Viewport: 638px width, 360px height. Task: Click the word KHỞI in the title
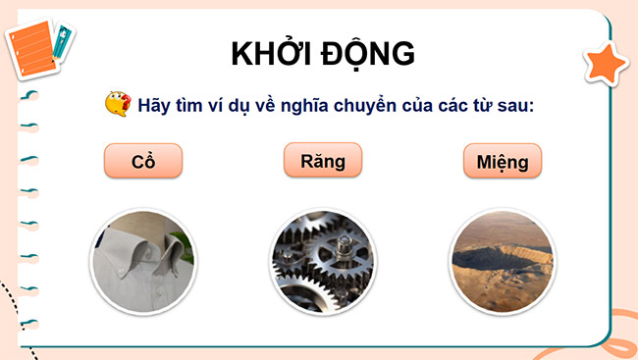(273, 54)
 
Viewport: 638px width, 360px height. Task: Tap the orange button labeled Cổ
(143, 162)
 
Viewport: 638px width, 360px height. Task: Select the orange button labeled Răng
(323, 160)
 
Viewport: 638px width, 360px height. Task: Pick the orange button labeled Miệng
(503, 162)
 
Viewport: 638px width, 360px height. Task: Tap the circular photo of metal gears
(322, 261)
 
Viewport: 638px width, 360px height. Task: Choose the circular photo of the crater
(502, 261)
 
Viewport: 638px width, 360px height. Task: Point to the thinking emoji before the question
(116, 103)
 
